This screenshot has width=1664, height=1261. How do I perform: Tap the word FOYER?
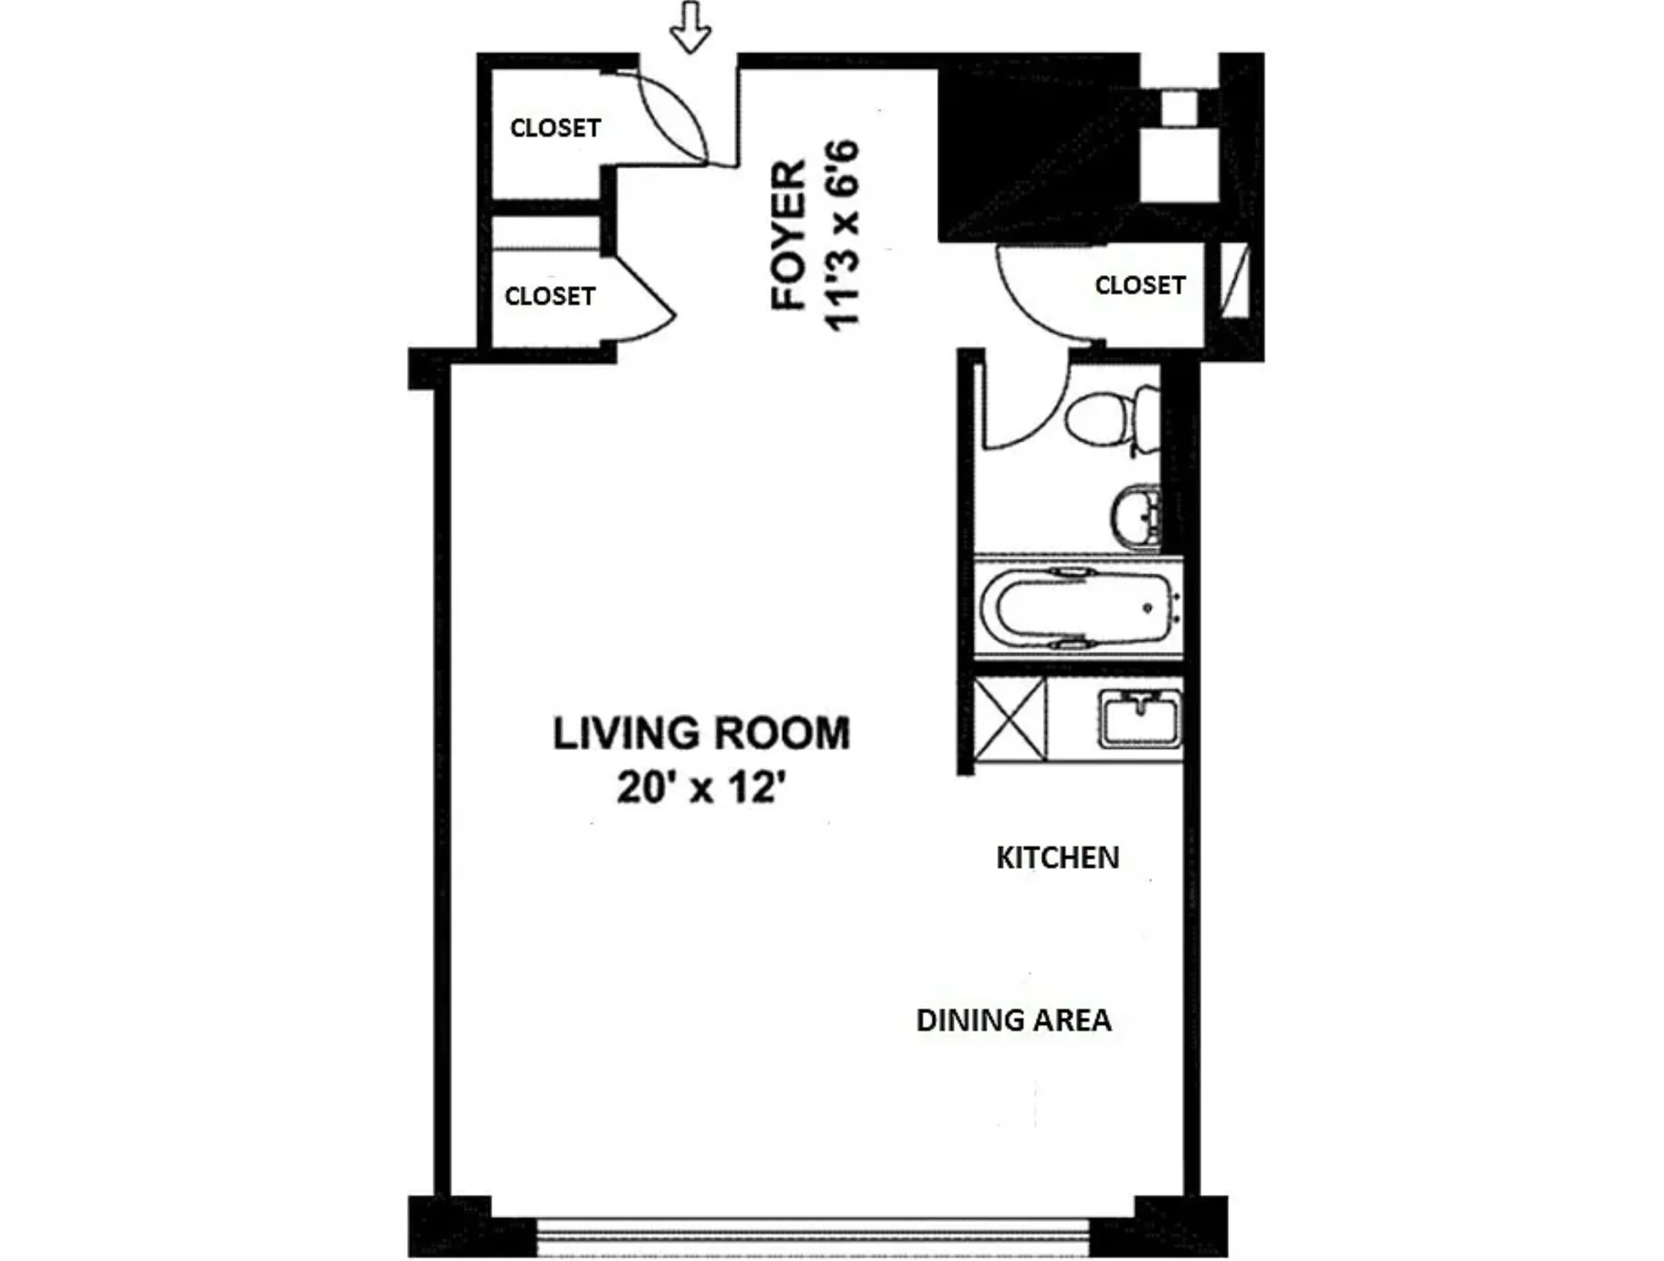pyautogui.click(x=789, y=235)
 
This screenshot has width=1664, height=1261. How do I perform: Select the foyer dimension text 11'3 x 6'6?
pyautogui.click(x=842, y=235)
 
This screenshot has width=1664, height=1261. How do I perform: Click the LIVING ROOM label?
pyautogui.click(x=701, y=734)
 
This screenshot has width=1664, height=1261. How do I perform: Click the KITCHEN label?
pyautogui.click(x=1057, y=858)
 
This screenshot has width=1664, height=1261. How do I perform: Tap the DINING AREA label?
pyautogui.click(x=1013, y=1020)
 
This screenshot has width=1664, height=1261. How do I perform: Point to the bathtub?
pyautogui.click(x=1077, y=609)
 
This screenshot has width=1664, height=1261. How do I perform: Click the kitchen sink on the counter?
pyautogui.click(x=1139, y=720)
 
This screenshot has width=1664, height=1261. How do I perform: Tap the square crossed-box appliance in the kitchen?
pyautogui.click(x=1010, y=719)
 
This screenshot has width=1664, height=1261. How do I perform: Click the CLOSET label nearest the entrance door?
pyautogui.click(x=555, y=128)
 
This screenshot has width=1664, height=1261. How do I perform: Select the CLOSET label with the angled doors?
pyautogui.click(x=550, y=296)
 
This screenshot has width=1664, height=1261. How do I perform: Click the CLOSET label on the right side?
pyautogui.click(x=1140, y=285)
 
